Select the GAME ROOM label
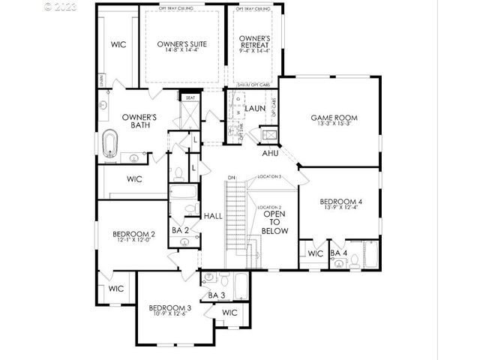(334, 118)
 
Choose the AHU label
(271, 153)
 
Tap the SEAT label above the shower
(190, 97)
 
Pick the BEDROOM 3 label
(169, 308)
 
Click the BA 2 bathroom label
(180, 230)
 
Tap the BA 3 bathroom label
(216, 295)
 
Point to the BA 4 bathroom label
(339, 253)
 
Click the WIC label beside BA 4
(315, 253)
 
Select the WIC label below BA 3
(229, 312)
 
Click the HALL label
(213, 215)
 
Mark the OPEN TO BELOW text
(271, 221)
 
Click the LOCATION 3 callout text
(268, 176)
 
